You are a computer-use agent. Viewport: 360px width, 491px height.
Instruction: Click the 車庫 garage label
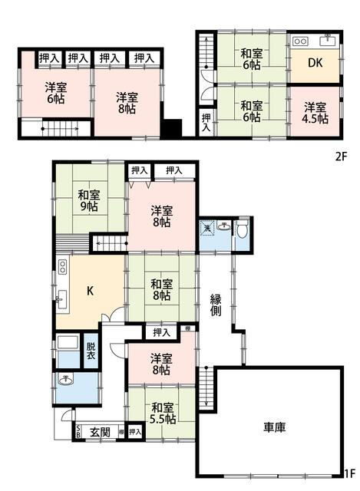pyautogui.click(x=275, y=427)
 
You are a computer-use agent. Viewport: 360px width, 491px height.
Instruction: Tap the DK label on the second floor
pyautogui.click(x=315, y=63)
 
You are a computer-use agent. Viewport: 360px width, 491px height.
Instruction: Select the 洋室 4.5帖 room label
pyautogui.click(x=315, y=113)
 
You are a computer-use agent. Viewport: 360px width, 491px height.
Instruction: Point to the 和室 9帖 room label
pyautogui.click(x=89, y=201)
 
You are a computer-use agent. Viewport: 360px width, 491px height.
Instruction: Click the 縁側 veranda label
pyautogui.click(x=216, y=305)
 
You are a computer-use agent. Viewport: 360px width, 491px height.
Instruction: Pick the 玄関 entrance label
pyautogui.click(x=101, y=432)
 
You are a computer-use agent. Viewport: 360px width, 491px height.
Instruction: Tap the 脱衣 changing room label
pyautogui.click(x=91, y=351)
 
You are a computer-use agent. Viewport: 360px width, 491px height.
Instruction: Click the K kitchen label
pyautogui.click(x=90, y=292)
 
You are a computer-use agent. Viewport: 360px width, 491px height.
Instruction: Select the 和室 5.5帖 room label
pyautogui.click(x=162, y=414)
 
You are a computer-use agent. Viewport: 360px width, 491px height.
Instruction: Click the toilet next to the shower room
pyautogui.click(x=242, y=229)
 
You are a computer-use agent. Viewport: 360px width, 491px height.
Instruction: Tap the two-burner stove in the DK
pyautogui.click(x=301, y=41)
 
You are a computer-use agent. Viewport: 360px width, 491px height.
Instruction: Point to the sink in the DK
pyautogui.click(x=328, y=41)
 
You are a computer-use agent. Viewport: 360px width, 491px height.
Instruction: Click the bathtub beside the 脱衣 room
pyautogui.click(x=68, y=343)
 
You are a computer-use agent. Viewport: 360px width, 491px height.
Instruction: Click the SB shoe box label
pyautogui.click(x=78, y=433)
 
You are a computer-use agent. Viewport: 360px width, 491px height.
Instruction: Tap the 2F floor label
pyautogui.click(x=341, y=157)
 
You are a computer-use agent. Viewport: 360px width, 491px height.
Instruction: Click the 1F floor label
pyautogui.click(x=350, y=483)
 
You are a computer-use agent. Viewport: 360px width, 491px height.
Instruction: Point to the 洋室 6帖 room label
pyautogui.click(x=55, y=93)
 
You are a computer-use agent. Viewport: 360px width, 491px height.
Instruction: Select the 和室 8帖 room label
pyautogui.click(x=162, y=290)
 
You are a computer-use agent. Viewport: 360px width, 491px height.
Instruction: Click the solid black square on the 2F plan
pyautogui.click(x=172, y=128)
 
